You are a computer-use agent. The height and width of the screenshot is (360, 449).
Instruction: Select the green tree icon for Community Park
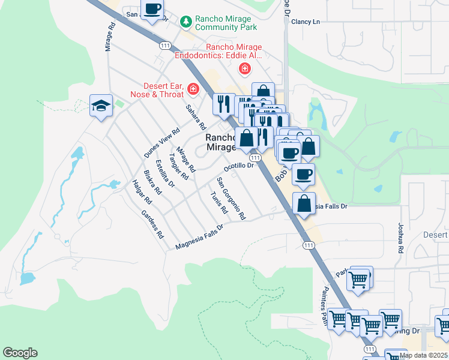click(186, 22)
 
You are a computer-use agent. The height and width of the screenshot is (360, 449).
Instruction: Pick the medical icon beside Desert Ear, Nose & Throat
click(193, 89)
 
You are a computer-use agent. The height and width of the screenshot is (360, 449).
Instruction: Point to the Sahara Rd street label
click(196, 118)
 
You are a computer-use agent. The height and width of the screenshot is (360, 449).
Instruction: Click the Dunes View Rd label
click(162, 143)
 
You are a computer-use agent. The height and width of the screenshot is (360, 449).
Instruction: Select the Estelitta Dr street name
click(164, 173)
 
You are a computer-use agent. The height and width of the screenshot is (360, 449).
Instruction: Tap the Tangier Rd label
click(179, 166)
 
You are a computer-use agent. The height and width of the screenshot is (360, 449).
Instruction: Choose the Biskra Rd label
click(153, 183)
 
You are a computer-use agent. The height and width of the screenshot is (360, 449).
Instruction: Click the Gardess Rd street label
click(152, 224)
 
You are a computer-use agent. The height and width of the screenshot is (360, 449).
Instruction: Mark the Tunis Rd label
click(220, 203)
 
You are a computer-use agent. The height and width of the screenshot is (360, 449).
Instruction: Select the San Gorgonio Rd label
click(231, 198)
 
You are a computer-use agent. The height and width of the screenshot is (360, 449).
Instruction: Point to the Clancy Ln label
click(306, 22)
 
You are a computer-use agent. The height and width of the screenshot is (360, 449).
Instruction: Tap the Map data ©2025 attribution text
click(424, 355)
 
